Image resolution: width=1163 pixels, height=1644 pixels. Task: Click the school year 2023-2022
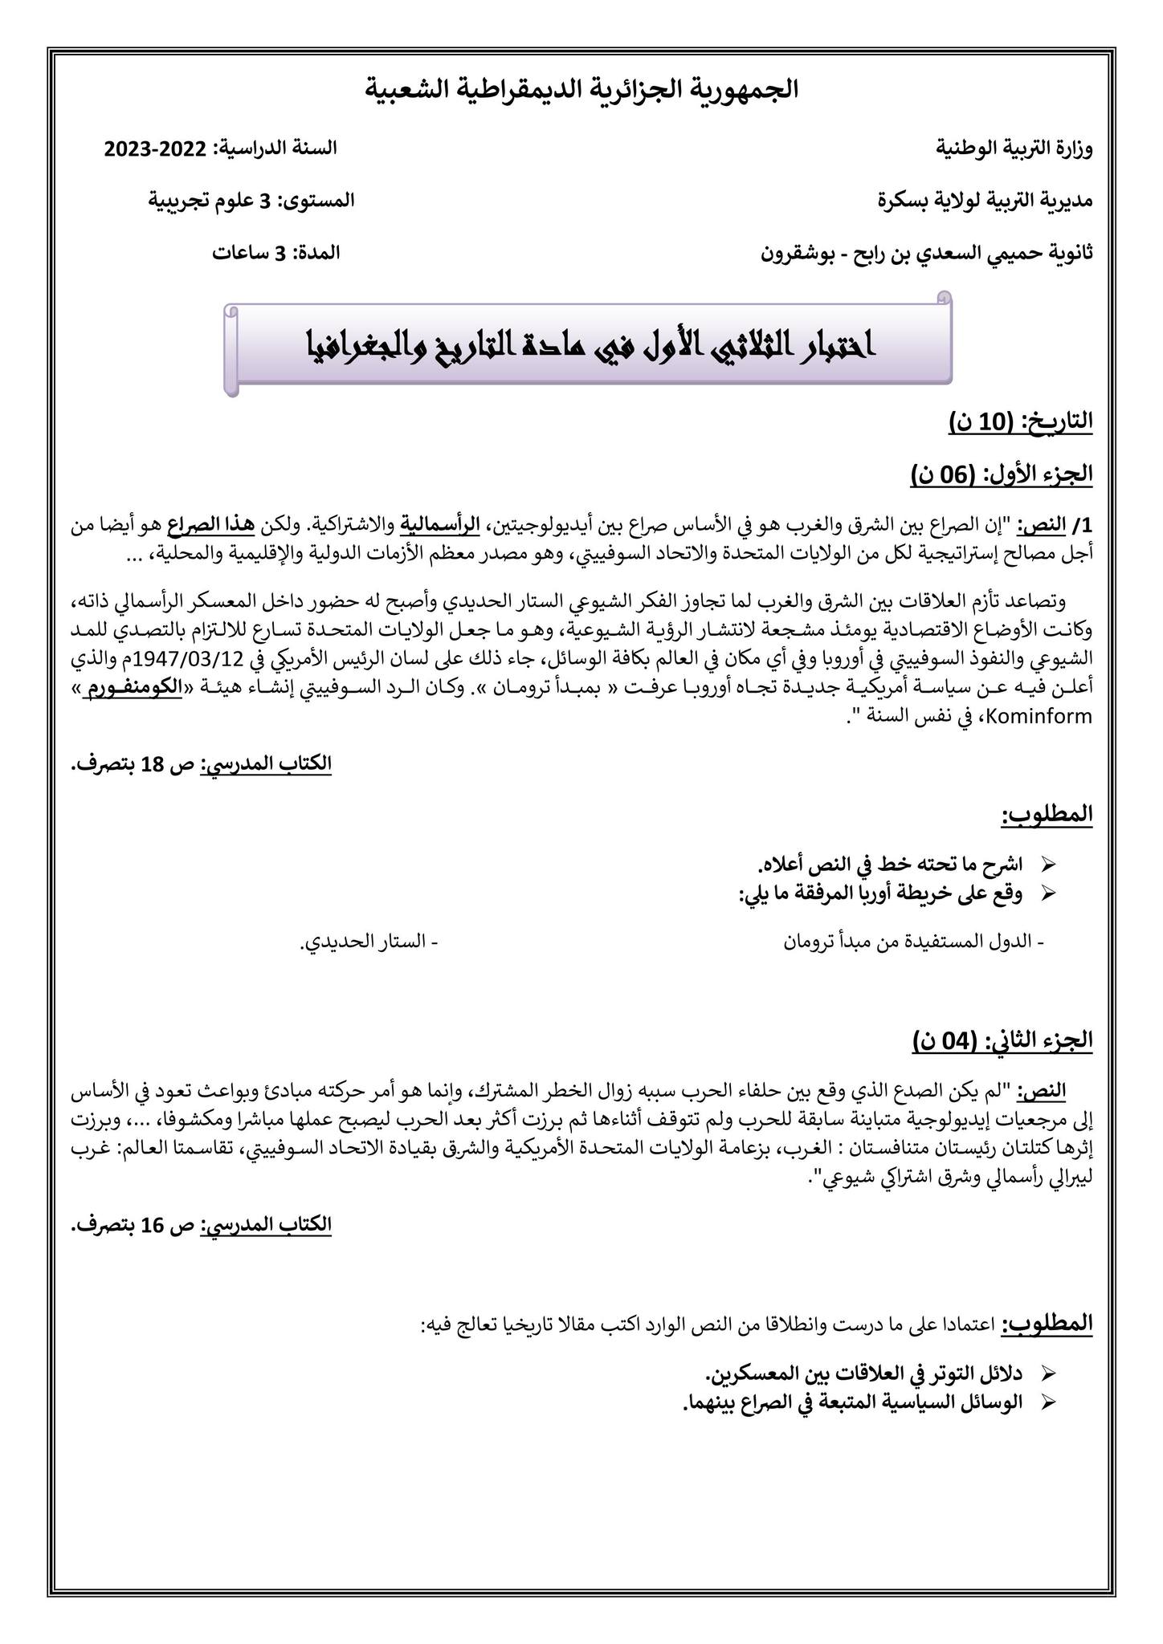157,149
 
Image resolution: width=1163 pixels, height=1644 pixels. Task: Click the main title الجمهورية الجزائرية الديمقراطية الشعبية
581,89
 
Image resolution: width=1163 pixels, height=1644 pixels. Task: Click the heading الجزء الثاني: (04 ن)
1002,1040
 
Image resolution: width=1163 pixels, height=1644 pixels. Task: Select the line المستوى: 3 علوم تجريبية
251,200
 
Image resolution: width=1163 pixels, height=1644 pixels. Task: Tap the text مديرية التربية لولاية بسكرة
985,200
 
